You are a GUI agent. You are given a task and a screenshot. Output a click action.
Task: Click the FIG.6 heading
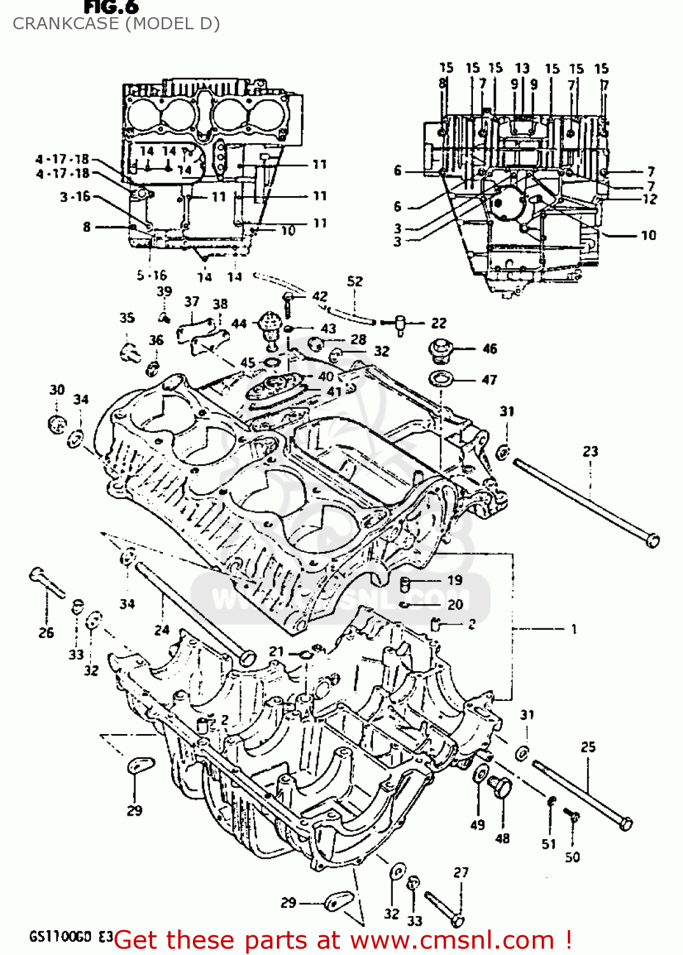point(111,7)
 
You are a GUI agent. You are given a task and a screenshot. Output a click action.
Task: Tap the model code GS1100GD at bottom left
point(62,937)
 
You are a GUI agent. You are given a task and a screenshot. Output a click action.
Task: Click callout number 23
point(590,451)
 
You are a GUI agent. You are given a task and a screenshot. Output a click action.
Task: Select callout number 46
point(489,348)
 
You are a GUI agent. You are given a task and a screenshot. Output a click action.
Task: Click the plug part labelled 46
point(440,350)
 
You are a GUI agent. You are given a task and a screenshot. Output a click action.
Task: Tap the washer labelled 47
point(440,379)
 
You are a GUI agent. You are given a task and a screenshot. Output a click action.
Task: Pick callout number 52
point(355,281)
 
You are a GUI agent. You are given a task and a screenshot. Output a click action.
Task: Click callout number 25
point(588,746)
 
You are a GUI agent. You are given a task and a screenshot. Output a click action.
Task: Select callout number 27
point(461,872)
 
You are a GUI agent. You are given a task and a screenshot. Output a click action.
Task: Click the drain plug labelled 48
point(502,788)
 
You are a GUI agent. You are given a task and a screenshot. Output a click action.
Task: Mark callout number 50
point(572,857)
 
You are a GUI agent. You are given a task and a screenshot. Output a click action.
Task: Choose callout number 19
point(454,580)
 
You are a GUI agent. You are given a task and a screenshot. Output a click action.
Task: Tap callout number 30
point(57,390)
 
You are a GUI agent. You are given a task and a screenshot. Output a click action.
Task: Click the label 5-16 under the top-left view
point(151,275)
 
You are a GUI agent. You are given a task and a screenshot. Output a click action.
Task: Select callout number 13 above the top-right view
point(522,67)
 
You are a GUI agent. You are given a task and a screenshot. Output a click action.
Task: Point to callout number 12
point(649,199)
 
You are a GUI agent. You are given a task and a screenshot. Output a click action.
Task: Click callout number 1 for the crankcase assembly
point(574,629)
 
